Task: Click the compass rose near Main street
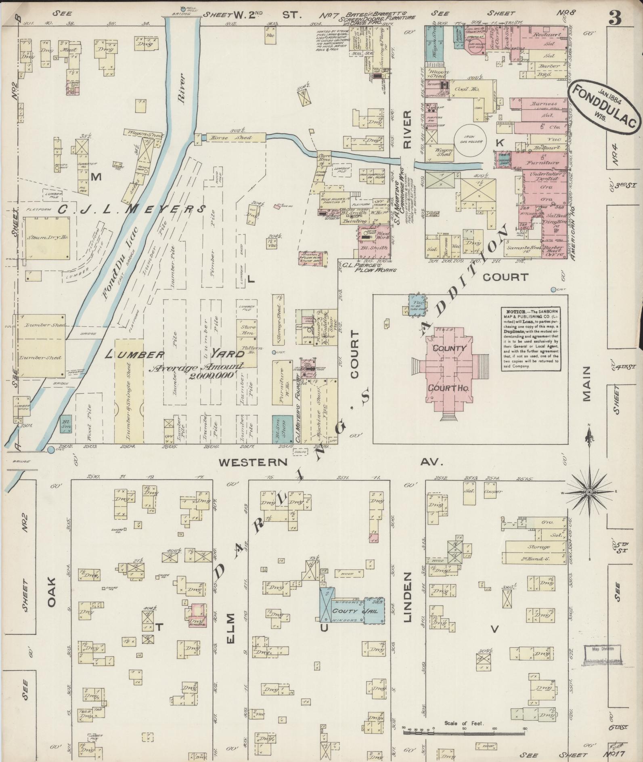[589, 492]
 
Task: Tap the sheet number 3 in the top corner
[615, 19]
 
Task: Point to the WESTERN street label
[253, 462]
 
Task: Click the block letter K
[500, 142]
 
